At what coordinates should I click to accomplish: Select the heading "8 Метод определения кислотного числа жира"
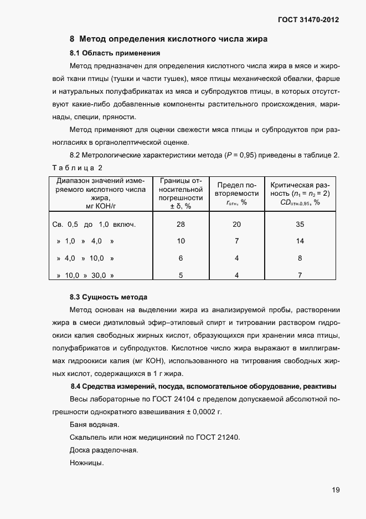coord(169,39)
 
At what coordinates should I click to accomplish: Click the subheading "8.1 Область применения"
coord(115,53)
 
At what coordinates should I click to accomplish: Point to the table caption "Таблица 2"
coord(78,167)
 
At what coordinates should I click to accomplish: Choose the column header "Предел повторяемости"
coord(236,194)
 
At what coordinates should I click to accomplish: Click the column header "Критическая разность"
coord(300,194)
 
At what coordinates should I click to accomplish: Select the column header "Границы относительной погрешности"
coord(181,194)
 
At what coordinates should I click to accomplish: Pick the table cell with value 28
coord(181,225)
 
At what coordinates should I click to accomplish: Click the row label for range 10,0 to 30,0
coord(86,275)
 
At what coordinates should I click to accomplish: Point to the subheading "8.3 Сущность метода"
coord(109,297)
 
